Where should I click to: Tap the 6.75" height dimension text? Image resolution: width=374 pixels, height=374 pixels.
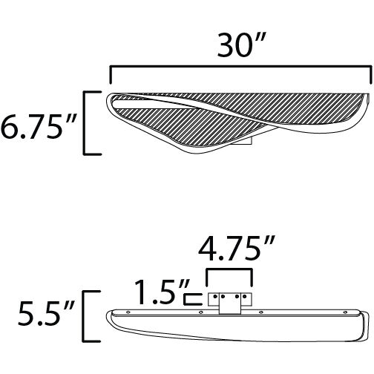coord(38,123)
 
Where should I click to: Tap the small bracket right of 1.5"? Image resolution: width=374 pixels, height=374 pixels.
coord(192,299)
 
